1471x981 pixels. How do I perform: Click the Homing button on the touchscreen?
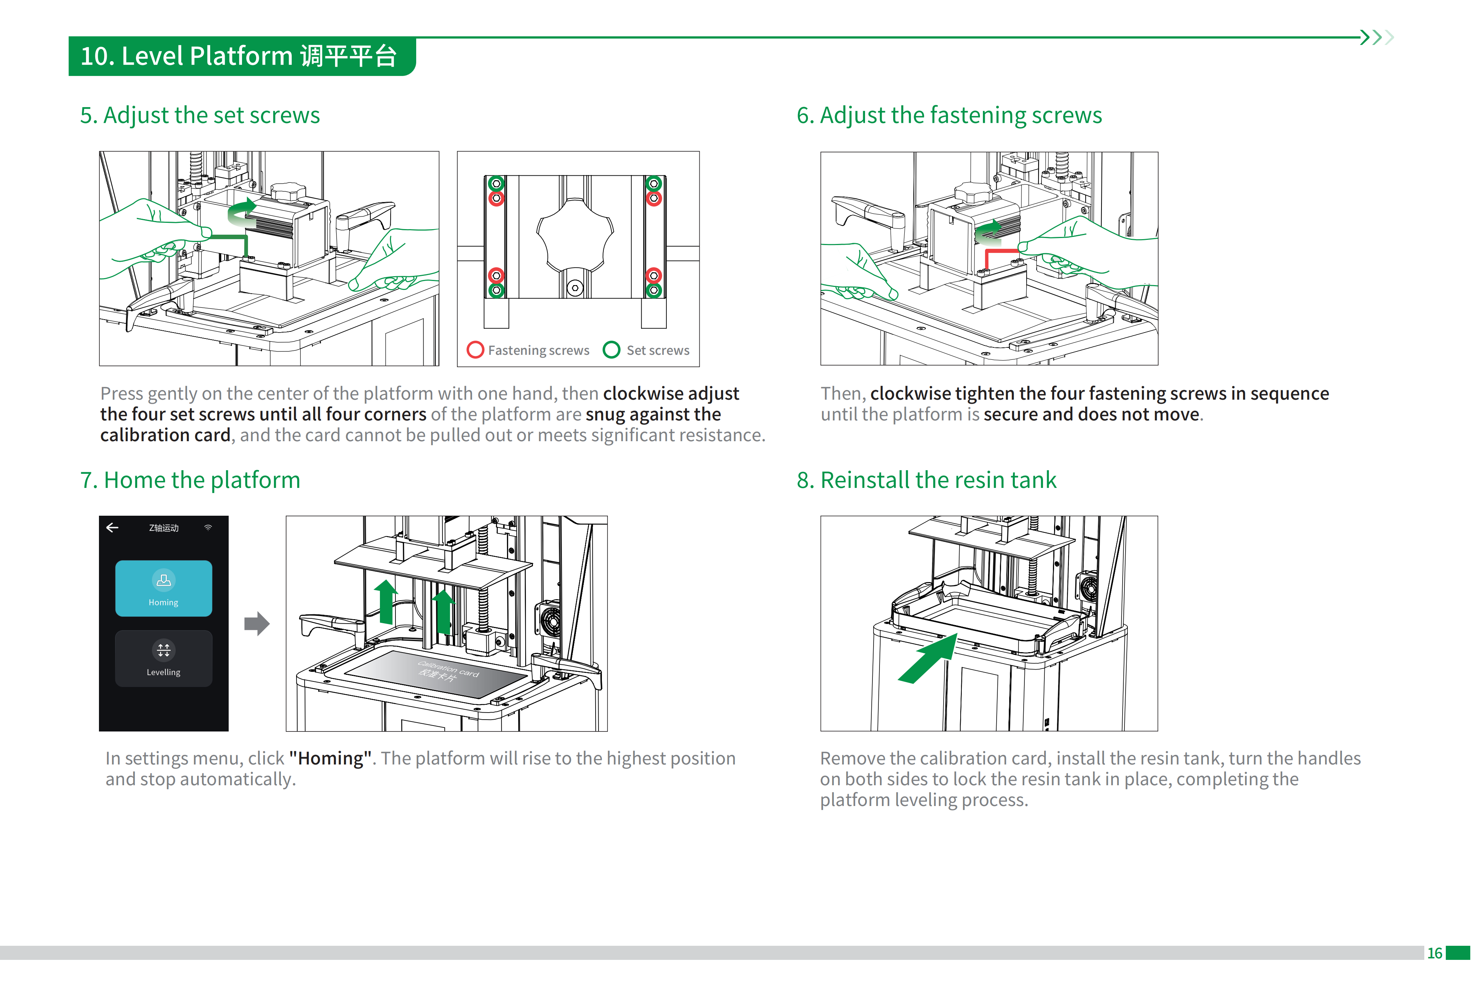click(163, 588)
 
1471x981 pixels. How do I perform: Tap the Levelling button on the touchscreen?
click(163, 658)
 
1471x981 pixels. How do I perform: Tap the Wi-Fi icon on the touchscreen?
click(208, 528)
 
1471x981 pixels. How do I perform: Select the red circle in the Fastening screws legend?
click(475, 350)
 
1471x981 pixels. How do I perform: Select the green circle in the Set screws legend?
click(611, 350)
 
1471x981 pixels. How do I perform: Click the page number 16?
click(1434, 953)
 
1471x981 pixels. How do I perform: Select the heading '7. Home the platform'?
click(190, 480)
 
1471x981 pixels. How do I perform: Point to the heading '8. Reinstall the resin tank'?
click(926, 480)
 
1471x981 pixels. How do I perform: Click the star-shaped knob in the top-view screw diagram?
click(575, 235)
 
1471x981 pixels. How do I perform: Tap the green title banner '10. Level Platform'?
click(241, 56)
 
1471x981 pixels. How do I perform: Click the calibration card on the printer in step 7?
click(438, 673)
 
